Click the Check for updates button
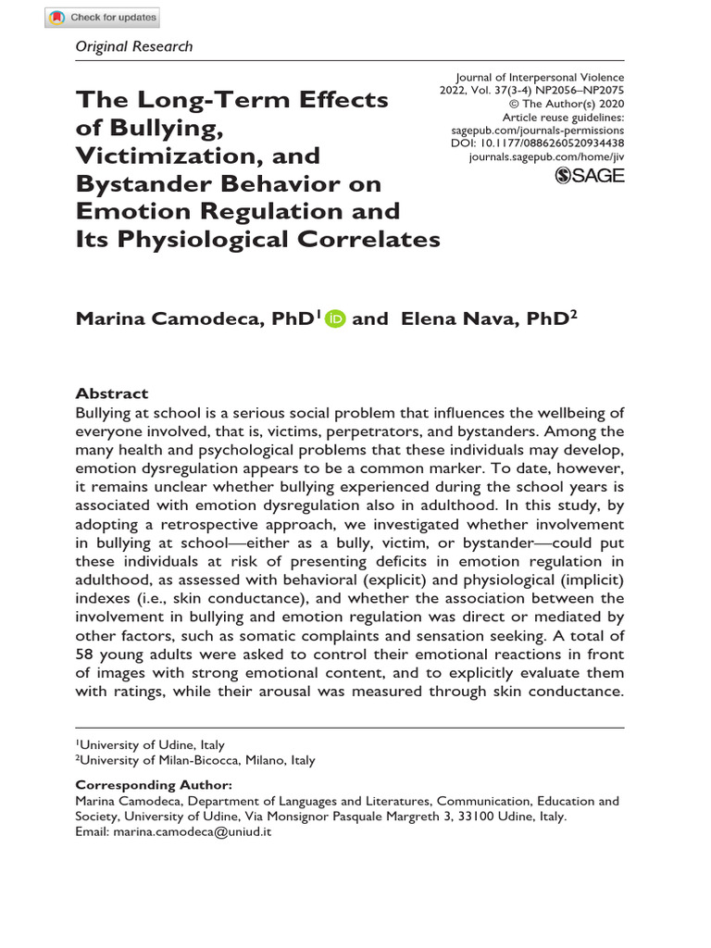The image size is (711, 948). [x=103, y=18]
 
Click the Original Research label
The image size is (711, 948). [x=133, y=46]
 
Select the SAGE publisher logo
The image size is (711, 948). [x=590, y=176]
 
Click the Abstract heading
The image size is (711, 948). [x=111, y=393]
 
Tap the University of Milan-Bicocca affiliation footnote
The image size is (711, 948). [x=195, y=760]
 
